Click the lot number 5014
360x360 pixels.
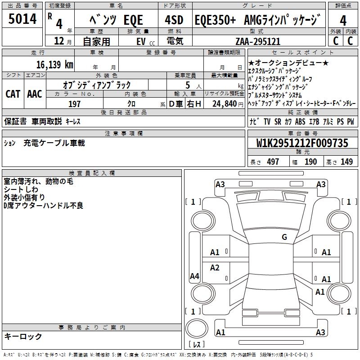(x=22, y=19)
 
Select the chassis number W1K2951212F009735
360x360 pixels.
(x=302, y=143)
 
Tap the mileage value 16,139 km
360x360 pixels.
(x=54, y=64)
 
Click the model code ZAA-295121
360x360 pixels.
(x=258, y=41)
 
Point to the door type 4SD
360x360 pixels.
(x=174, y=20)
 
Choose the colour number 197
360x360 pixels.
(x=74, y=104)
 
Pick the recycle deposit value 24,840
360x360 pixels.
(x=225, y=104)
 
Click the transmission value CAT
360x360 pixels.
(x=13, y=94)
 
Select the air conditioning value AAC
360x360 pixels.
(x=35, y=94)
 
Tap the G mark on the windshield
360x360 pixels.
(x=284, y=237)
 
